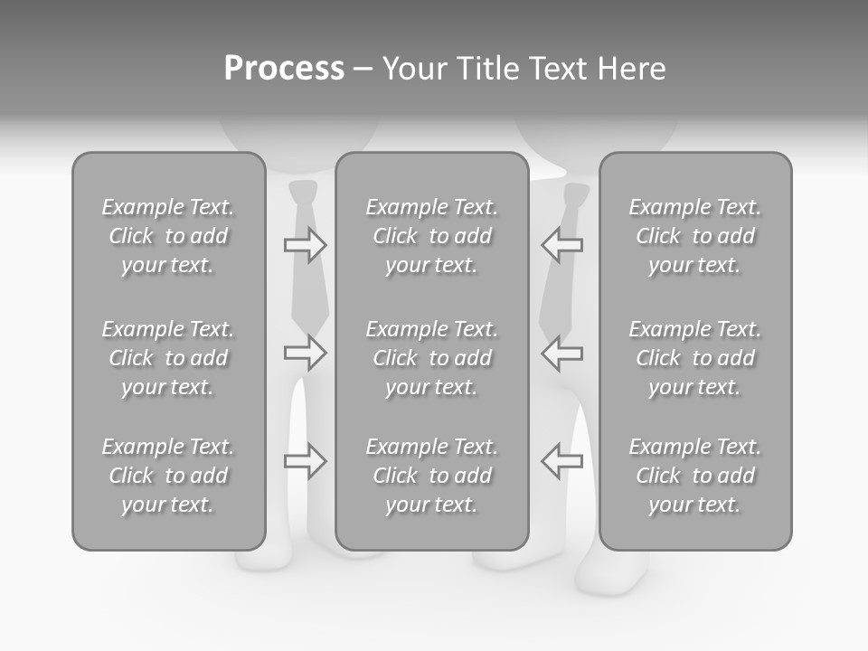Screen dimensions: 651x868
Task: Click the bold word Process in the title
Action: coord(284,69)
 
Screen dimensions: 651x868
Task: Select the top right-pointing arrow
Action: coord(305,244)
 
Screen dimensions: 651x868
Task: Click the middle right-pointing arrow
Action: coord(305,353)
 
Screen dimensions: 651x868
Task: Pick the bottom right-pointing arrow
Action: coord(305,461)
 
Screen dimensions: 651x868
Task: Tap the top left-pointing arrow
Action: coord(561,244)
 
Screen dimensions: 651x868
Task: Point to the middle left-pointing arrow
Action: coord(561,353)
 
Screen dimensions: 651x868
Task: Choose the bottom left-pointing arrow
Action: coord(561,461)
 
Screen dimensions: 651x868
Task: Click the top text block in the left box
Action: coord(168,236)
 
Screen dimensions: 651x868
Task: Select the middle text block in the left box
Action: coord(168,358)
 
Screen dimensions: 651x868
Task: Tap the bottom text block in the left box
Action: coord(168,476)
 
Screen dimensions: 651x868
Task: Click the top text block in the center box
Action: coord(431,236)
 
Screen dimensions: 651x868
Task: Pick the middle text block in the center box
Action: coord(431,358)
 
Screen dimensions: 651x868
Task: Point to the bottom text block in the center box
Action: coord(431,476)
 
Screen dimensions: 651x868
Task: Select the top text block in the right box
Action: coord(694,236)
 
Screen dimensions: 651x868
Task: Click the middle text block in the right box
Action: coord(694,358)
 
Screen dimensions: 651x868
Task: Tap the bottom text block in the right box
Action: coord(694,476)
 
